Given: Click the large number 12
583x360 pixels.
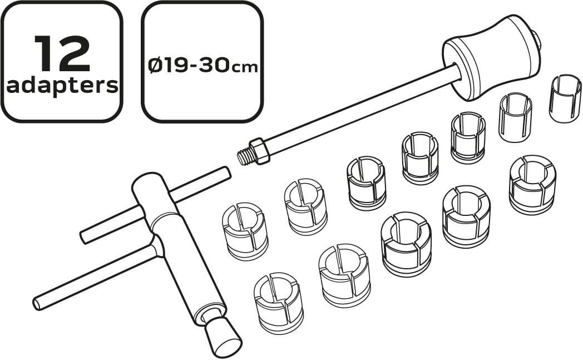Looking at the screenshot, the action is coord(62,53).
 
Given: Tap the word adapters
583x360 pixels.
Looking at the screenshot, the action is coord(62,86).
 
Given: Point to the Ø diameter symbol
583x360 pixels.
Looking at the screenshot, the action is coord(155,66).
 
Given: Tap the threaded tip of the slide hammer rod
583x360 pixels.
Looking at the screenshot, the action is coord(244,156).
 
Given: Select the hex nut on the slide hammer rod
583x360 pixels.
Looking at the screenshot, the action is coord(259,151).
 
